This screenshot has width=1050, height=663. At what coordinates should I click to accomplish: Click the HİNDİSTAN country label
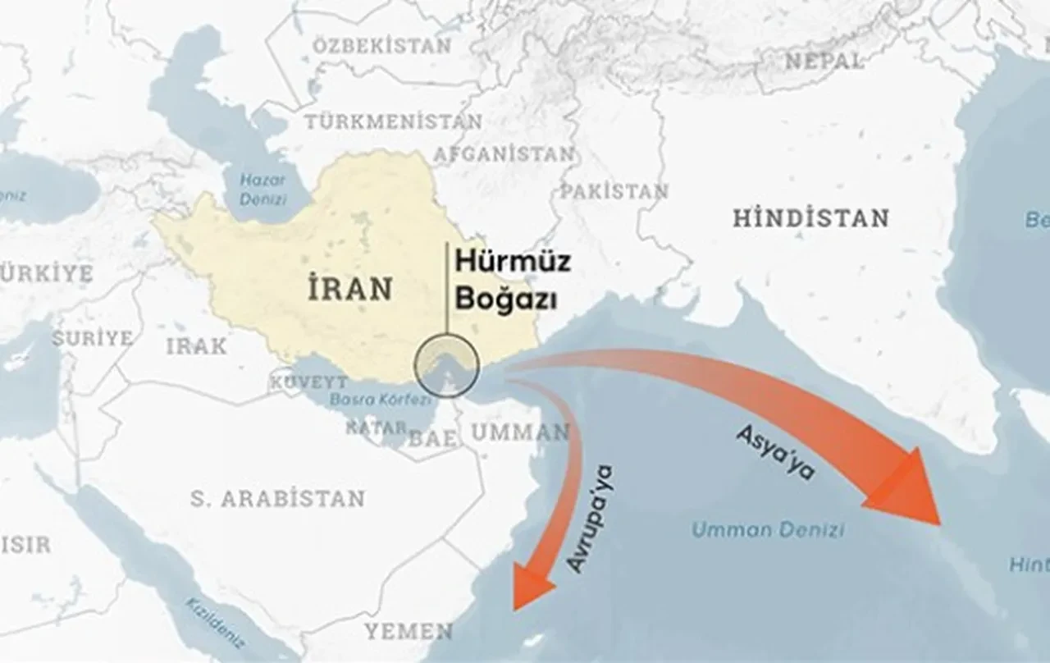coord(810,218)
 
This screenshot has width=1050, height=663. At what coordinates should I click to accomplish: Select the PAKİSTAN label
coord(614,191)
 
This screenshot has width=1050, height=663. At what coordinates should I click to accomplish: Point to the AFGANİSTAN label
coord(503,153)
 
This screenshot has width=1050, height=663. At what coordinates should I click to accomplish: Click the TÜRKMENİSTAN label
coord(394,121)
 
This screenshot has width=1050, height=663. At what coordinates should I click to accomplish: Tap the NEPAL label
coord(823,60)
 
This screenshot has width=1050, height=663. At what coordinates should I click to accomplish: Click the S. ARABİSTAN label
coord(277,498)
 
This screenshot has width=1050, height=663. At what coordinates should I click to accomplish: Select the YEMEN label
coord(409,631)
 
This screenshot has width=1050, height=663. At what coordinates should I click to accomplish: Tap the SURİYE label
coord(92,338)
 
